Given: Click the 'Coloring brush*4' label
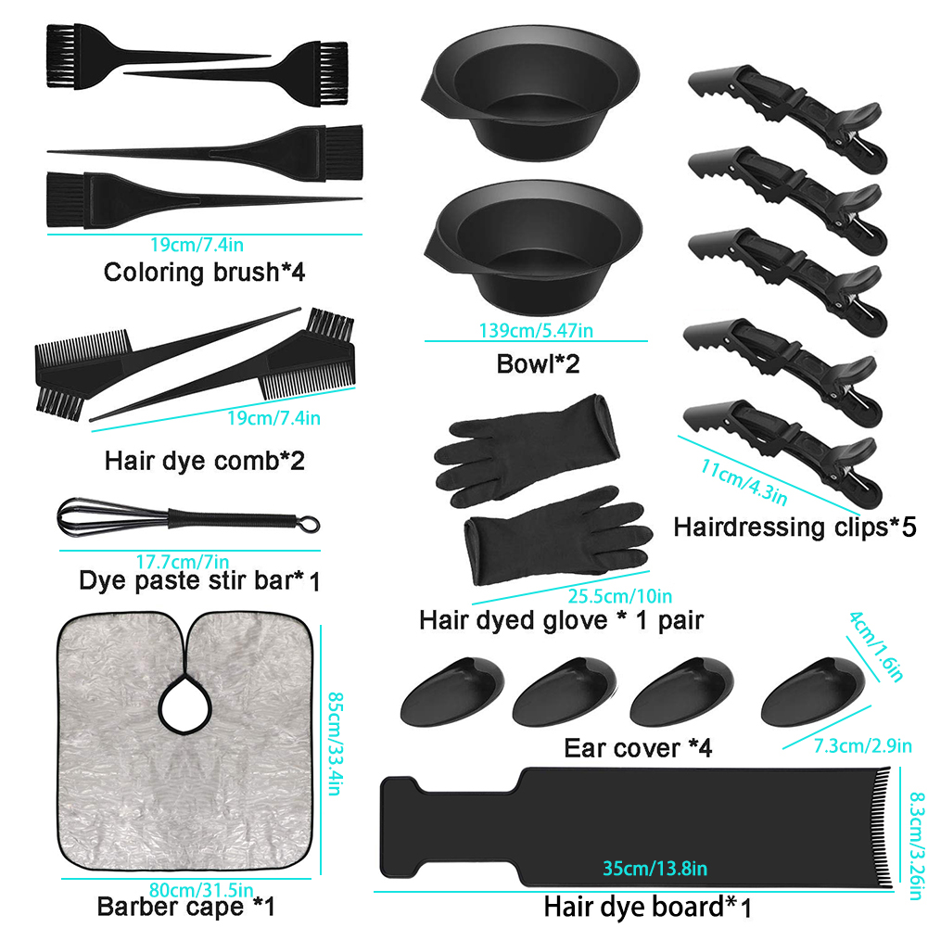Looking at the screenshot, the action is (x=204, y=273).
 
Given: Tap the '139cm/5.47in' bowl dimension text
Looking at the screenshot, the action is (x=536, y=330).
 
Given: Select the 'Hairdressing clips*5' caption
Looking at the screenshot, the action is (x=795, y=527).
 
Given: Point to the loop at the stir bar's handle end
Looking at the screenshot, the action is (x=309, y=525).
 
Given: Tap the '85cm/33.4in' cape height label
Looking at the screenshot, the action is (x=336, y=744).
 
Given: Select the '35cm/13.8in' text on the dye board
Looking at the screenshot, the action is (x=655, y=869).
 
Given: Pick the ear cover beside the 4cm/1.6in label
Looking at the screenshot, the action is (x=812, y=693).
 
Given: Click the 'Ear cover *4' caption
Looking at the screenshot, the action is (x=638, y=747).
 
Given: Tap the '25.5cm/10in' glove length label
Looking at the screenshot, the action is (x=619, y=596).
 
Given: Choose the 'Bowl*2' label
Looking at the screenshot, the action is (x=538, y=364).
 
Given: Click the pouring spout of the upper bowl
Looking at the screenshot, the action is (x=432, y=92).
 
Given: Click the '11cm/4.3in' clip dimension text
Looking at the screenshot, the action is (x=744, y=482).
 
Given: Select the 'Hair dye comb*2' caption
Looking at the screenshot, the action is (x=205, y=461).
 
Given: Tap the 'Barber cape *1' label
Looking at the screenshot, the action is (x=185, y=906).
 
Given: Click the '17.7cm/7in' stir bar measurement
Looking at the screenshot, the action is (x=183, y=561).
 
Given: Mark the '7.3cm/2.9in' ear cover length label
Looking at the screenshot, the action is (x=862, y=745).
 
